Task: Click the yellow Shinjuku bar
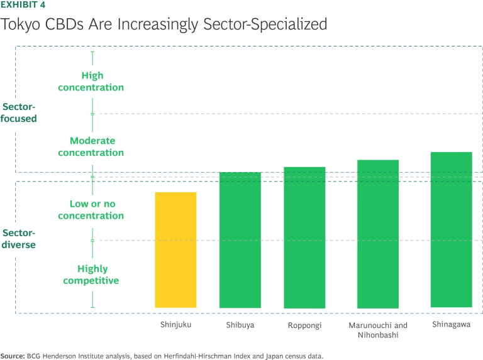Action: [x=175, y=249]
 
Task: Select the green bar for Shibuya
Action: [x=240, y=239]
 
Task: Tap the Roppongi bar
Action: [x=304, y=237]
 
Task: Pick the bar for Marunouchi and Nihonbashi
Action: [x=378, y=234]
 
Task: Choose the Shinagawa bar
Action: [x=452, y=229]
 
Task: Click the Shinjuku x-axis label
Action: [x=175, y=325]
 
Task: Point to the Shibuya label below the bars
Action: [x=240, y=325]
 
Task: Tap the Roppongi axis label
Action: [x=304, y=325]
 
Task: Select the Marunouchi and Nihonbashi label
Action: [x=378, y=330]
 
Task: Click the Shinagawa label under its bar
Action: [x=452, y=324]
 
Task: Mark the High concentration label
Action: [x=91, y=82]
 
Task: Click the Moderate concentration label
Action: [x=91, y=146]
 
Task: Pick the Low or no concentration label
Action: [x=91, y=210]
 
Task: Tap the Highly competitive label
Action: [x=91, y=275]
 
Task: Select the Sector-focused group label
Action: [x=19, y=112]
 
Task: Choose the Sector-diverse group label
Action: [x=19, y=239]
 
